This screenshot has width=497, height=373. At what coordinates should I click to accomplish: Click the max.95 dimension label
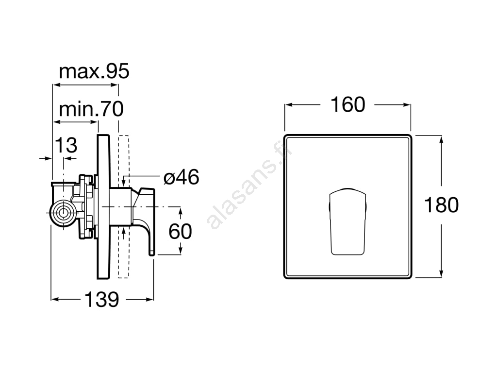pyautogui.click(x=94, y=71)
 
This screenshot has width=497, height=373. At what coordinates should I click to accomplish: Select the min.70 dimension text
pyautogui.click(x=91, y=109)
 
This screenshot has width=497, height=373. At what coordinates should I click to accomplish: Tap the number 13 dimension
pyautogui.click(x=66, y=145)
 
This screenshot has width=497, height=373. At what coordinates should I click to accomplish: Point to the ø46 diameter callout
pyautogui.click(x=182, y=177)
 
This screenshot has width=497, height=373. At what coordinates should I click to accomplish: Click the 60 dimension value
pyautogui.click(x=180, y=231)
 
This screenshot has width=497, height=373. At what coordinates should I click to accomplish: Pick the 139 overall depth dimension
pyautogui.click(x=102, y=299)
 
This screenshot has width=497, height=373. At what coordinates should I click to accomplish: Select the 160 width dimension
pyautogui.click(x=348, y=105)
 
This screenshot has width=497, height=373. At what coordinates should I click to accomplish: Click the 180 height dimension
pyautogui.click(x=441, y=205)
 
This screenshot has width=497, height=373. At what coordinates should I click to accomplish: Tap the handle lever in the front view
pyautogui.click(x=348, y=221)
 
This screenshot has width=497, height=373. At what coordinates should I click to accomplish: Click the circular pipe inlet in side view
pyautogui.click(x=64, y=213)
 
